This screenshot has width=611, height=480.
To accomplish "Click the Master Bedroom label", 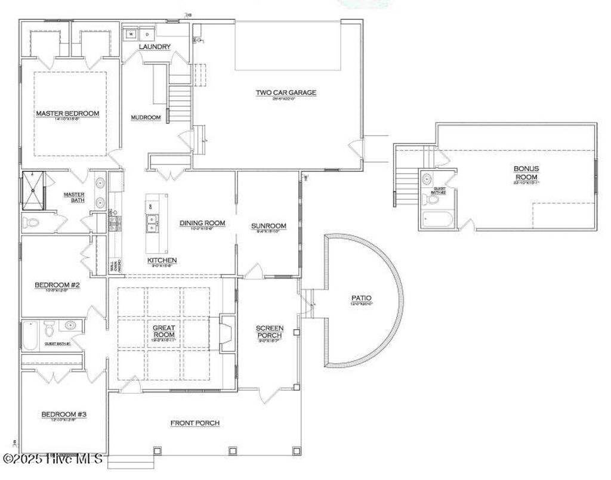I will (67, 113).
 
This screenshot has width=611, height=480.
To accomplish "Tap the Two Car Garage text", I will (286, 92).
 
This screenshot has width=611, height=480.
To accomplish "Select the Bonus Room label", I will (526, 173).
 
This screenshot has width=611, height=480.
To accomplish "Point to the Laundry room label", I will (155, 47).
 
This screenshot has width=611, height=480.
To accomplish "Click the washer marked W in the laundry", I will (130, 35).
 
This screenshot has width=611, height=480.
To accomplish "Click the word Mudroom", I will (146, 117).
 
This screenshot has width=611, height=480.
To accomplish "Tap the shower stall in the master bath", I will (33, 191).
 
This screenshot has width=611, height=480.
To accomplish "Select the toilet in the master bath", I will (31, 223).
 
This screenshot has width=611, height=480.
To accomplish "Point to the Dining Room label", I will (202, 223).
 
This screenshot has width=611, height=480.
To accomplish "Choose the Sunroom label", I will (269, 226).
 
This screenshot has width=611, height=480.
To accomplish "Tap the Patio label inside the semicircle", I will (361, 298).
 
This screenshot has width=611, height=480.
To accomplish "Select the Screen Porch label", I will (269, 332).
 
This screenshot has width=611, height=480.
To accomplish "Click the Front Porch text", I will (195, 423).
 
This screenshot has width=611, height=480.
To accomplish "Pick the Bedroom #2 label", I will (57, 285).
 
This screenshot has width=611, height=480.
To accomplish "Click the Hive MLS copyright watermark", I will (53, 459).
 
